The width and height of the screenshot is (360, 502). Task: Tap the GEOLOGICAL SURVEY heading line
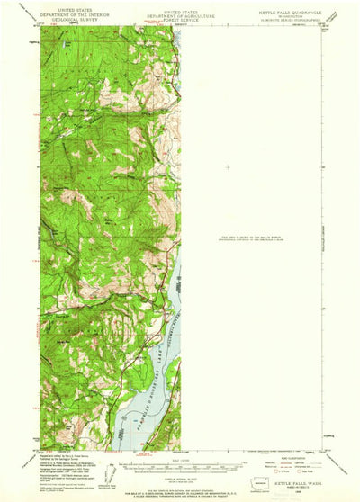click(x=76, y=14)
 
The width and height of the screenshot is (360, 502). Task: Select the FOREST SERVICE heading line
click(x=180, y=14)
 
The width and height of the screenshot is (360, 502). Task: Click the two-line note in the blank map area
click(x=261, y=238)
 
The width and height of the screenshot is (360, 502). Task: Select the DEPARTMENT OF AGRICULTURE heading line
click(x=180, y=10)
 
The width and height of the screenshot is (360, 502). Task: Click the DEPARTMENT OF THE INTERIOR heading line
click(x=76, y=10)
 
